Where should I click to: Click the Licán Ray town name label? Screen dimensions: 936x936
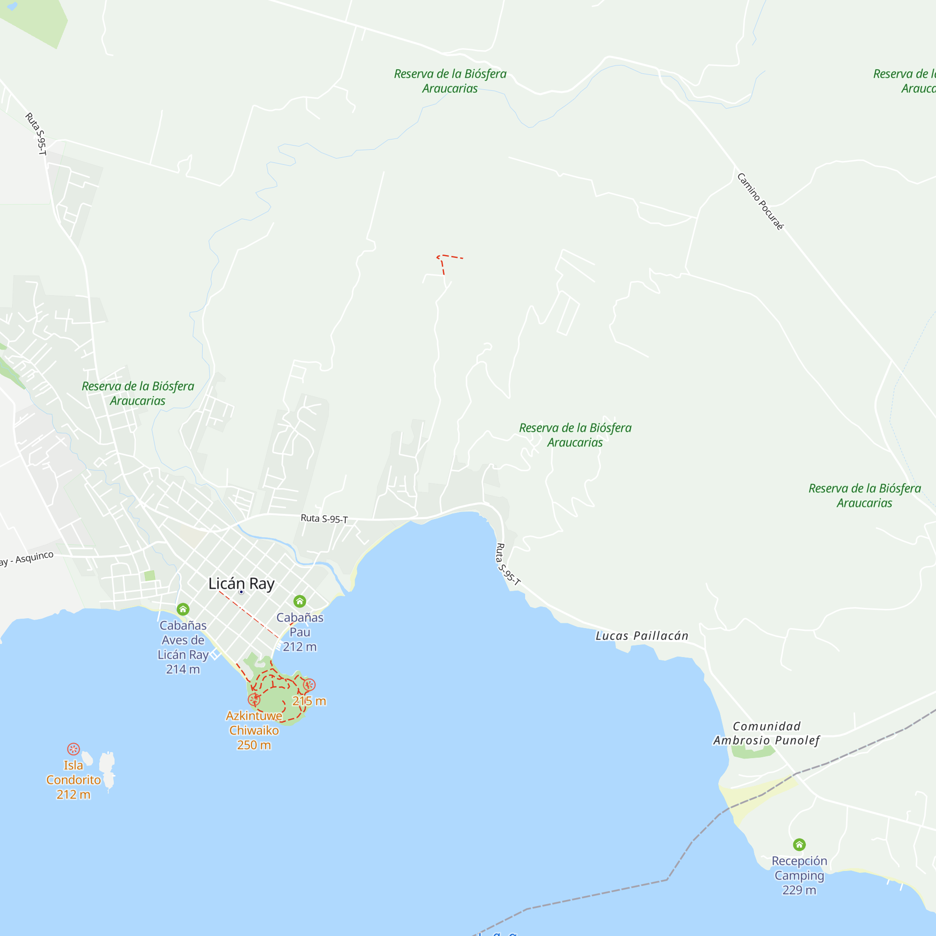click(x=241, y=583)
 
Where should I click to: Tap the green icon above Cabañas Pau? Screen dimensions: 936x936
click(x=300, y=601)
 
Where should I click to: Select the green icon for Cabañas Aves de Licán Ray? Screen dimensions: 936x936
click(x=183, y=609)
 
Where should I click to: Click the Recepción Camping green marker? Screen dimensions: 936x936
click(x=799, y=845)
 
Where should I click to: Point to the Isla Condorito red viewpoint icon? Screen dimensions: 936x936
click(x=73, y=749)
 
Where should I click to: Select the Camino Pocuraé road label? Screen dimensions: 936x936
click(x=760, y=201)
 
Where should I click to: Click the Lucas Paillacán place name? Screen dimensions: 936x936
click(x=642, y=636)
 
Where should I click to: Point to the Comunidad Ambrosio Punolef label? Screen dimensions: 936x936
click(x=767, y=733)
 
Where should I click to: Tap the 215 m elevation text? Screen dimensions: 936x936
click(x=309, y=701)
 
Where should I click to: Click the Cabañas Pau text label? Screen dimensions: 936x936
click(x=300, y=624)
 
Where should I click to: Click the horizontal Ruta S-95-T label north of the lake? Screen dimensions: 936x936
click(x=324, y=519)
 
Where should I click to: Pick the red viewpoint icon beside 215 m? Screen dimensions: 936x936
click(x=309, y=685)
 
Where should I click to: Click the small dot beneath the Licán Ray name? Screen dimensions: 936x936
click(x=241, y=592)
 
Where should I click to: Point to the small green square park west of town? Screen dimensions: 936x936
click(x=150, y=576)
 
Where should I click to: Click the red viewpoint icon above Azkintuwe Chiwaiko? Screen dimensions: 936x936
click(x=254, y=699)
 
